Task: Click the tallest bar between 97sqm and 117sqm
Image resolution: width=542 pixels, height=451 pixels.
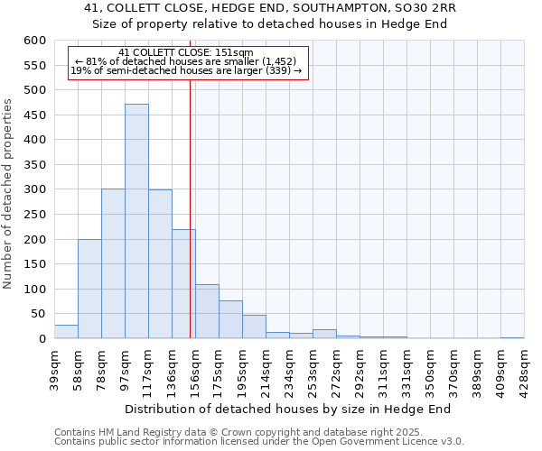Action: (x=136, y=221)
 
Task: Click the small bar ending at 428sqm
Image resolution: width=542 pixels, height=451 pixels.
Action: (x=512, y=337)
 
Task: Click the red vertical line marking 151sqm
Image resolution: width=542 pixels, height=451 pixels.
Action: (x=190, y=225)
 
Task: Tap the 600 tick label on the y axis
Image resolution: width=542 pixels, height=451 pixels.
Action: (x=34, y=41)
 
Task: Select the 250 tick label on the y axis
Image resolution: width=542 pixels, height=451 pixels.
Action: (x=34, y=215)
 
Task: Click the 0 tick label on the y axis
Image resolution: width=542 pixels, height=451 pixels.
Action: (x=42, y=339)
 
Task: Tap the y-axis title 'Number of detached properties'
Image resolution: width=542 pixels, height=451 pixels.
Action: (x=8, y=194)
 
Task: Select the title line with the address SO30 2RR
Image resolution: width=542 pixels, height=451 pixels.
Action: (x=270, y=8)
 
